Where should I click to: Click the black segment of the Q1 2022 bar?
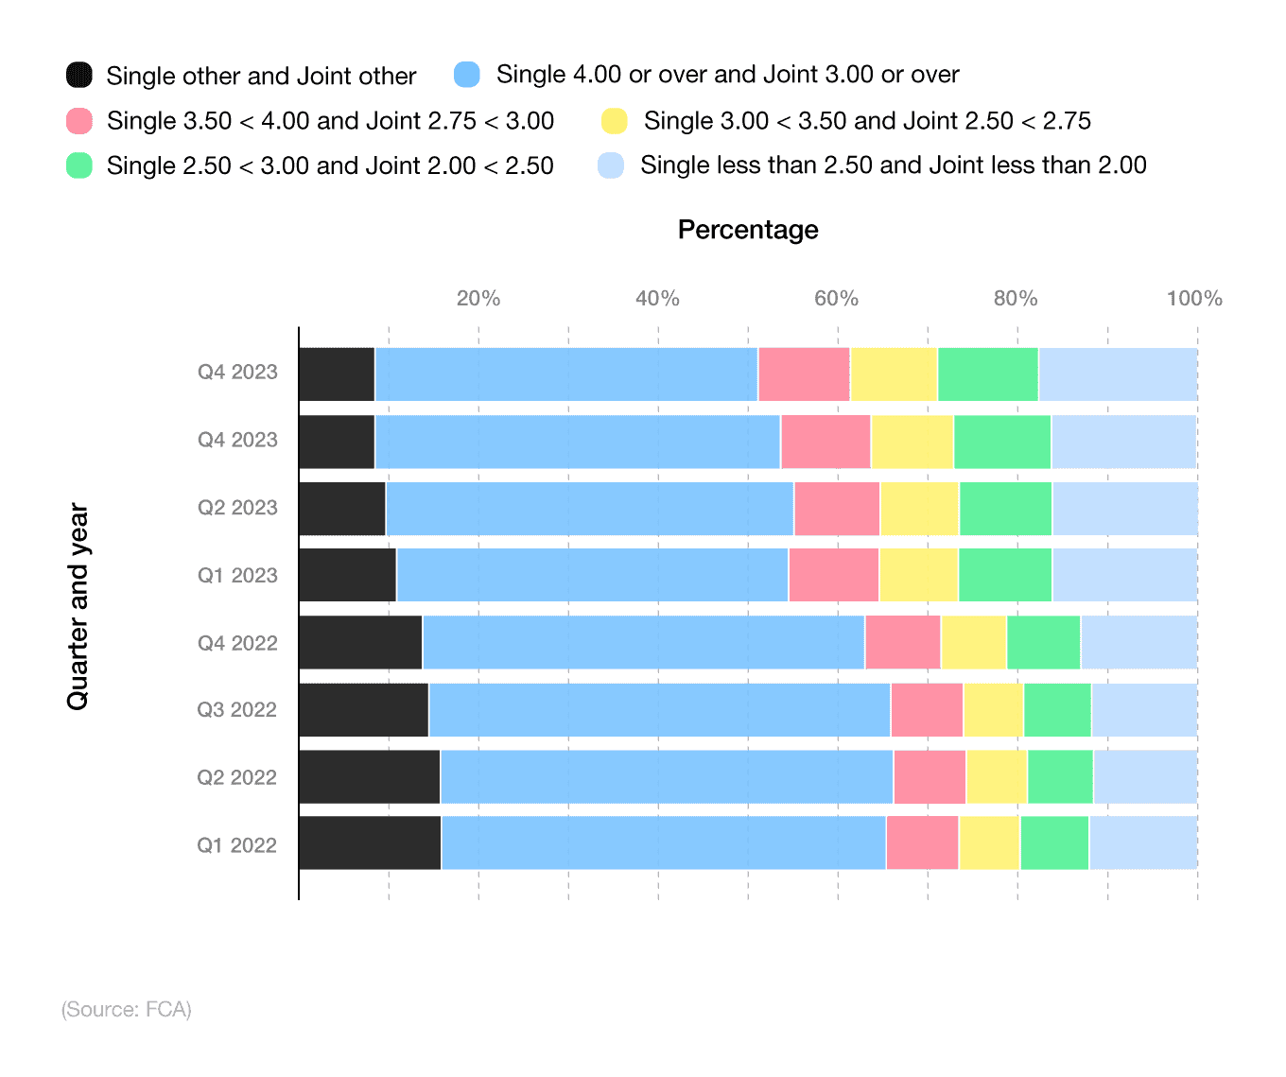click(370, 842)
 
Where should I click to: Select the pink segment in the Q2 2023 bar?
click(837, 509)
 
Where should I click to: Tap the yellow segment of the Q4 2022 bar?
click(973, 643)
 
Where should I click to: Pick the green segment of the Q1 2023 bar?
click(1005, 575)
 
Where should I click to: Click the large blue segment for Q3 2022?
click(659, 710)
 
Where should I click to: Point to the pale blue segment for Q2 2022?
click(1145, 777)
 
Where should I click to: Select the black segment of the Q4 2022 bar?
click(360, 643)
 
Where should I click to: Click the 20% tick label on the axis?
click(478, 299)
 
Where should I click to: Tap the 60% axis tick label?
click(836, 299)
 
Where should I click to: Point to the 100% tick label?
click(1193, 299)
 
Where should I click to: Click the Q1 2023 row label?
click(237, 576)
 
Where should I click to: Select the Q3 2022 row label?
click(236, 710)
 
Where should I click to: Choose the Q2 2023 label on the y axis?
click(237, 508)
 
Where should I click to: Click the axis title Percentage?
click(748, 230)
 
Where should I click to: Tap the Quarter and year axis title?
click(78, 606)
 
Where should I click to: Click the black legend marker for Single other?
click(79, 75)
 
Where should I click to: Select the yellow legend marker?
click(614, 121)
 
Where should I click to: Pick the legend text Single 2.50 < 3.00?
click(330, 166)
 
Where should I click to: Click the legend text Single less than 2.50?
click(893, 165)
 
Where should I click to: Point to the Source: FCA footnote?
click(127, 1010)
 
